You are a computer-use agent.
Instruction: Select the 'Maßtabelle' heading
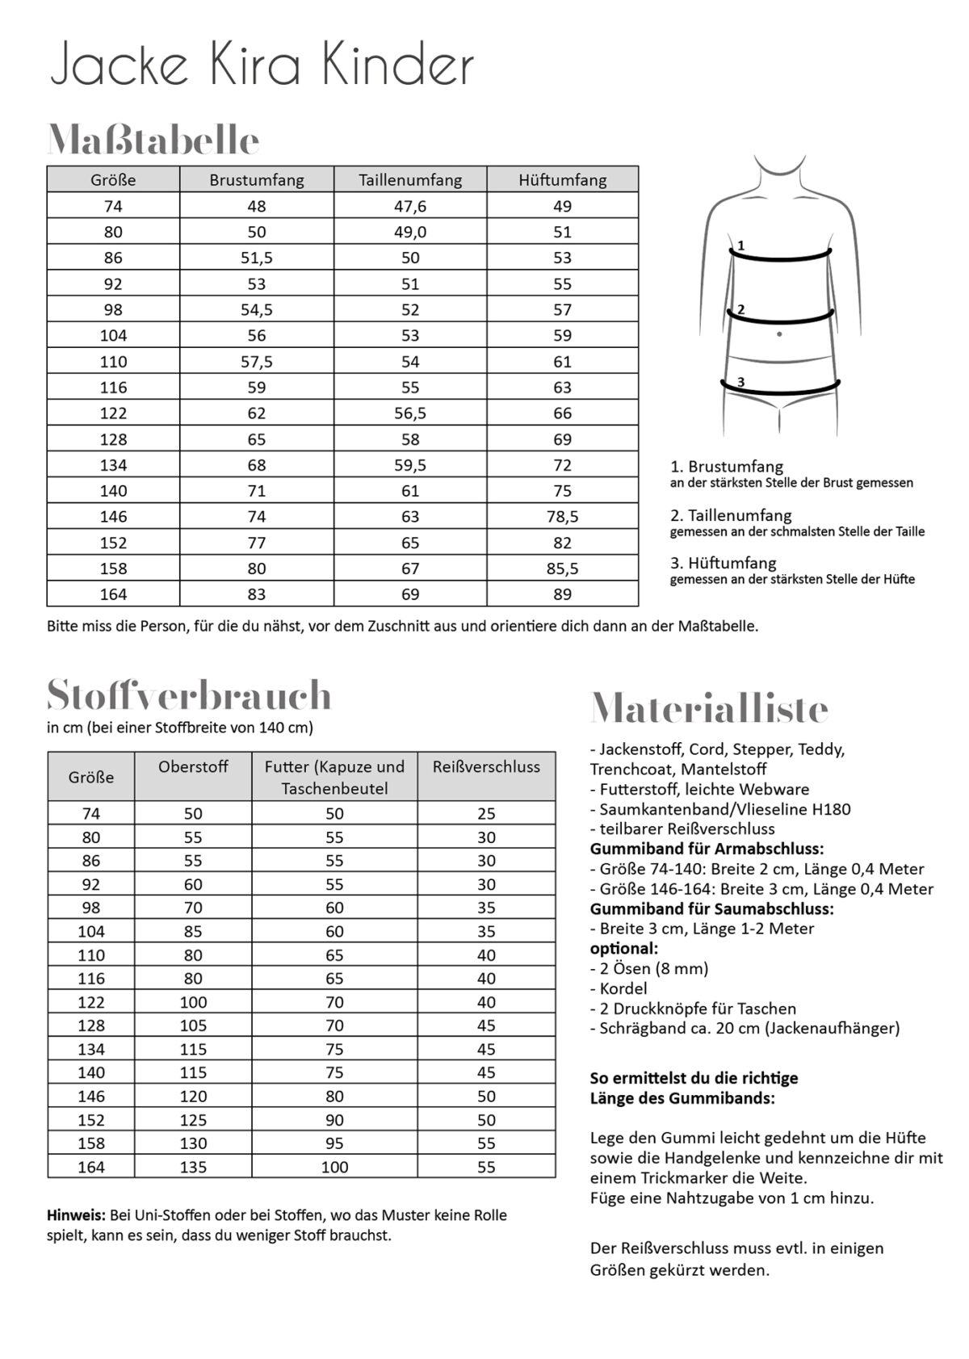coord(153,141)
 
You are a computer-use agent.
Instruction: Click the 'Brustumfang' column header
coord(257,180)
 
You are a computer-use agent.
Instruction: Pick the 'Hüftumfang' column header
coord(562,180)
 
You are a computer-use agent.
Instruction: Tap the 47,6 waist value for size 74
coord(410,206)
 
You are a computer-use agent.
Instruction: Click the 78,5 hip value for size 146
coord(562,516)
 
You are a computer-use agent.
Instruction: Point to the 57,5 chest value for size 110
coord(257,362)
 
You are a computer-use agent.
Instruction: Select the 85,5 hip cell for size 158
coord(562,568)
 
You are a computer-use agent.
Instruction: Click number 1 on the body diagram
coord(740,245)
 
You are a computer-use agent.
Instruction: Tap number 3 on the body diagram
coord(740,381)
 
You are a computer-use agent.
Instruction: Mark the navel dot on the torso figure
coord(779,333)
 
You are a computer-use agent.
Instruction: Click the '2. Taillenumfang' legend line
coord(731,515)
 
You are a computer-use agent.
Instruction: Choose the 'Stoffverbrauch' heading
coord(189,695)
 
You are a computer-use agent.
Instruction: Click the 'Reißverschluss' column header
coord(486,767)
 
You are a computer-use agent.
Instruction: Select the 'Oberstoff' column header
coord(193,767)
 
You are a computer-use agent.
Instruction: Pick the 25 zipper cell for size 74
coord(486,814)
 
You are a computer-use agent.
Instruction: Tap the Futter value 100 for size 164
coord(334,1167)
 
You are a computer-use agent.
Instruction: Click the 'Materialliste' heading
coord(709,709)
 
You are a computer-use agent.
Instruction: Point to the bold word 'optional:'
coord(623,948)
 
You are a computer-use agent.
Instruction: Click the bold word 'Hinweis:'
coord(76,1214)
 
